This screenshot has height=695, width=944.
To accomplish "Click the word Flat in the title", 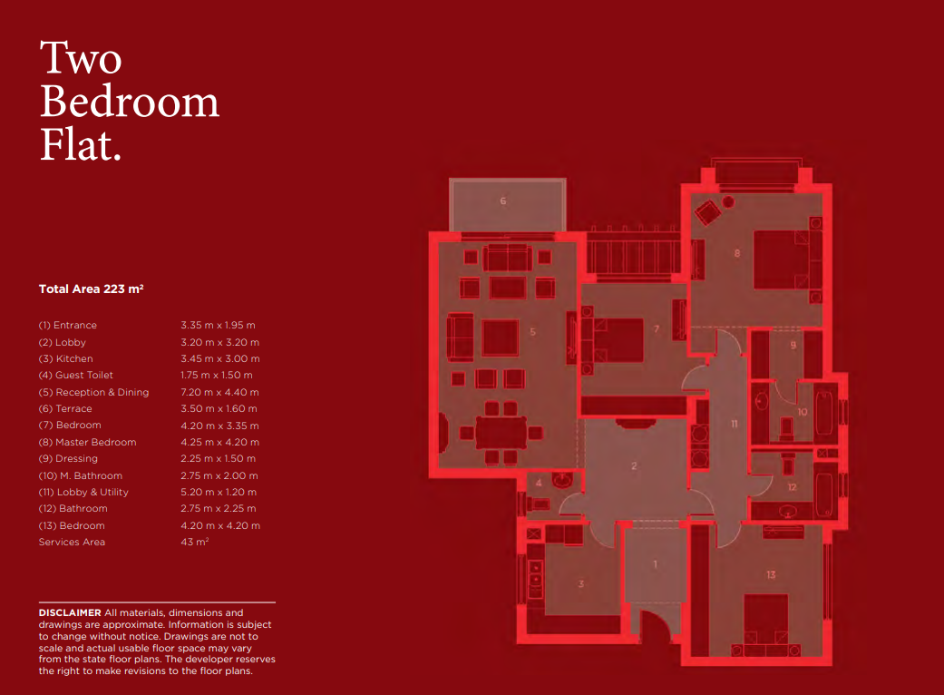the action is pos(81,144).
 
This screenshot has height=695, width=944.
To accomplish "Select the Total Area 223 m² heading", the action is pos(91,289).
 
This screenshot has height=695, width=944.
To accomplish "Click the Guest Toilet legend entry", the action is pos(76,376).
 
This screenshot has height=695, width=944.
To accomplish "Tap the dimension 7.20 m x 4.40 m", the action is pos(219,392).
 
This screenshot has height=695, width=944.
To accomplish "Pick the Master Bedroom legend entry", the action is pos(87,442).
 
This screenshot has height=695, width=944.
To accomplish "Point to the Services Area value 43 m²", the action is pos(194,542).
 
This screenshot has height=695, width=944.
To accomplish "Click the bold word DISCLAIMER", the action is pos(70,612).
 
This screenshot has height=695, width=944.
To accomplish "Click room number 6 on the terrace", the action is pos(502,201).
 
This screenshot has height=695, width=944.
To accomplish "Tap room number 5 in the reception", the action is pos(533,332).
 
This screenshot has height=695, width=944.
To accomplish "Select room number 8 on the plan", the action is pos(737,253).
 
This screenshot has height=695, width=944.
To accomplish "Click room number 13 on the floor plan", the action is pos(771,575).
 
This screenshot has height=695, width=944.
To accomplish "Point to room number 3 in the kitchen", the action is pos(581,583).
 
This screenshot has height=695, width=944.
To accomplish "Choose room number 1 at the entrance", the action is pos(655,564).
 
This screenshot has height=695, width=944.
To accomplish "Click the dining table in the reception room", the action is pos(501,433).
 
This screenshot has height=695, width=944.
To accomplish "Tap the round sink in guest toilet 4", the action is pos(562,480).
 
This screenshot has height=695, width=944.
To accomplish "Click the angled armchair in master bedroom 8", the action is pos(707,211).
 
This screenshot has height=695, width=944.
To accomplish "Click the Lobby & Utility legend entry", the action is pos(83,492).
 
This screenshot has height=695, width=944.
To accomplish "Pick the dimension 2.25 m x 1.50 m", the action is pos(218,458).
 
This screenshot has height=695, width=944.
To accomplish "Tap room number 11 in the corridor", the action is pos(734,424).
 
